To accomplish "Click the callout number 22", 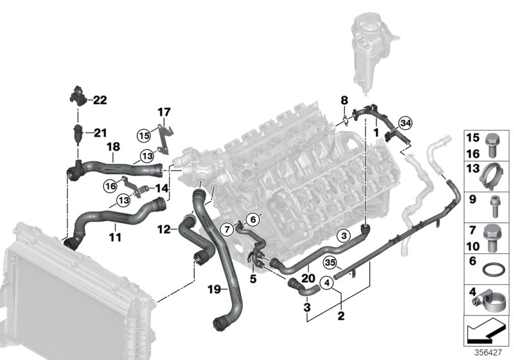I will coord(100,100).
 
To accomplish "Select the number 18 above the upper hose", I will coord(112,148).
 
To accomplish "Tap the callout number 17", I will coord(163,111).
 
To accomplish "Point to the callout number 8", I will coord(344,100).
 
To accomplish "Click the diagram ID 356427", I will coord(492,353).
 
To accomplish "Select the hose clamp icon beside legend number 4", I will coord(490,299).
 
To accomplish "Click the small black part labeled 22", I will coord(77,98).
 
